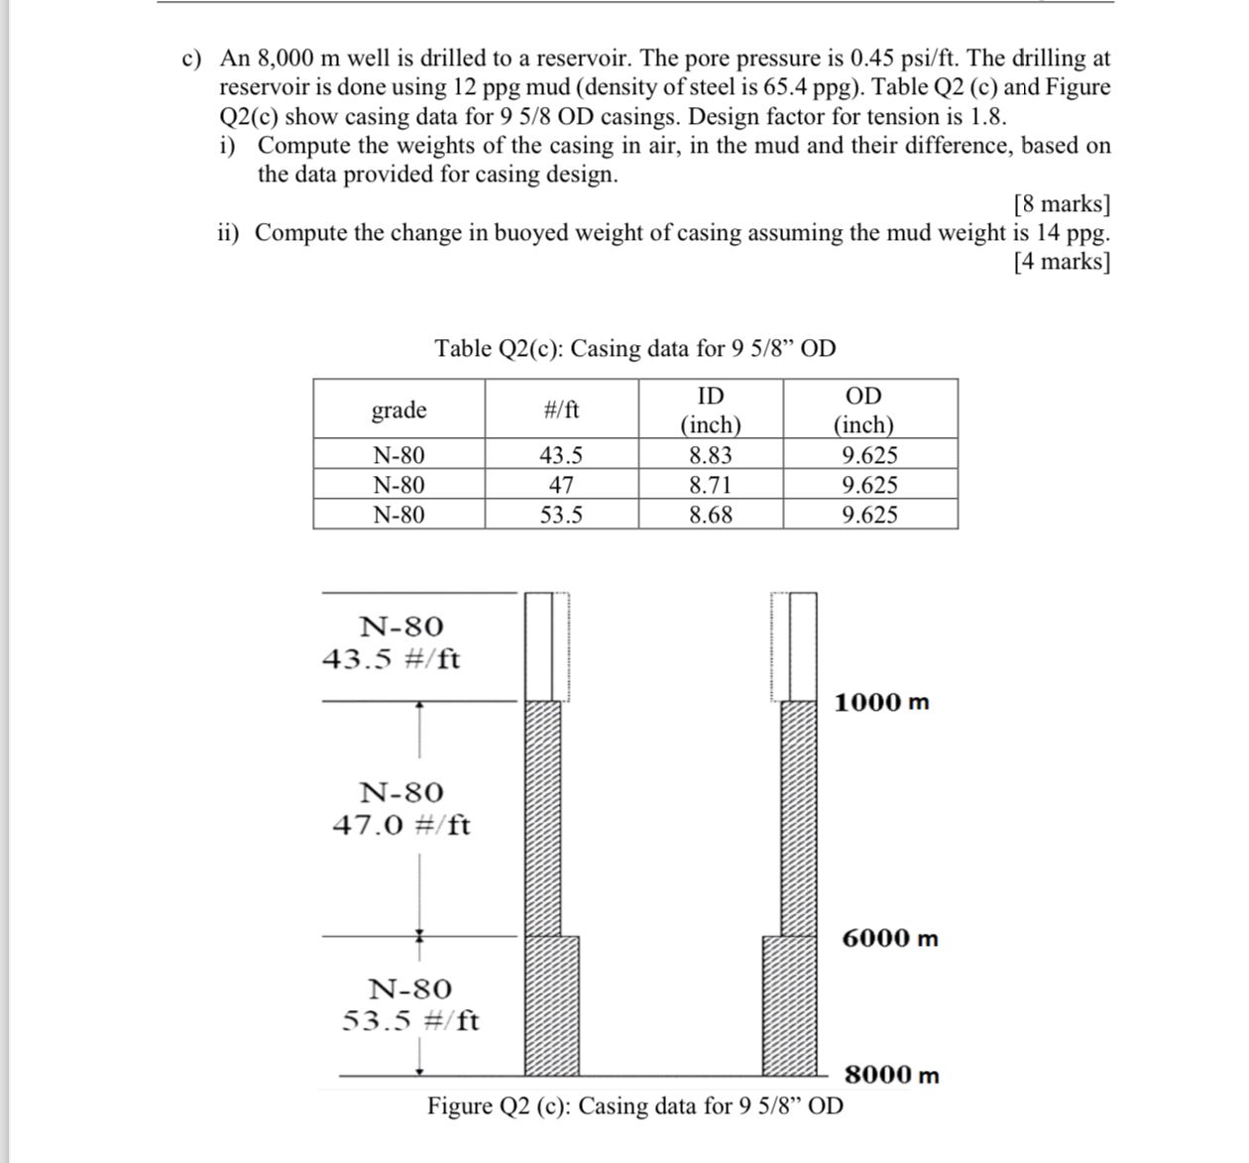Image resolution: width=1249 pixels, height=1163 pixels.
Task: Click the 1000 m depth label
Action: (x=881, y=703)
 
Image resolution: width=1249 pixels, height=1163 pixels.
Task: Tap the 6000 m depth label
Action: (x=889, y=938)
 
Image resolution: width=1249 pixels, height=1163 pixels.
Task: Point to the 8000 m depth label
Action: (x=891, y=1075)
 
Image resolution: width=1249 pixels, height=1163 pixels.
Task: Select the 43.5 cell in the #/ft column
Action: (x=561, y=455)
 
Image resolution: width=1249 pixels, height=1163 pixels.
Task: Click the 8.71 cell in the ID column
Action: (x=711, y=485)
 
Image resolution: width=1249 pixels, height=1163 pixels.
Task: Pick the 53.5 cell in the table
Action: (x=561, y=515)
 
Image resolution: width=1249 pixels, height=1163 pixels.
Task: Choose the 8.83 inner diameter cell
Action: (x=711, y=455)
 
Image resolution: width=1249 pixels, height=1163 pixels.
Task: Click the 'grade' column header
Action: (x=398, y=409)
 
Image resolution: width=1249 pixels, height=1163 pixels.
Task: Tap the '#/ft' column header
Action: (x=561, y=409)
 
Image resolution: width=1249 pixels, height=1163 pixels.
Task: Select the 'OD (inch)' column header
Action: (x=863, y=410)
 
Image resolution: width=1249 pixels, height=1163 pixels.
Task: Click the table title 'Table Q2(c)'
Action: (x=634, y=348)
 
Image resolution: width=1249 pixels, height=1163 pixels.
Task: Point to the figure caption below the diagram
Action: (x=635, y=1105)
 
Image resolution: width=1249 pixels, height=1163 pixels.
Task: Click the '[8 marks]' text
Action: (x=1062, y=203)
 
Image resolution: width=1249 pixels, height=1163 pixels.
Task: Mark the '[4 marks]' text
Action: (x=1062, y=261)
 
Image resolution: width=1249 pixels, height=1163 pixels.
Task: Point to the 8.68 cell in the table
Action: (x=711, y=515)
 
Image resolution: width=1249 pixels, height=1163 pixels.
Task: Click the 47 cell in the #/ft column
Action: (x=561, y=485)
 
